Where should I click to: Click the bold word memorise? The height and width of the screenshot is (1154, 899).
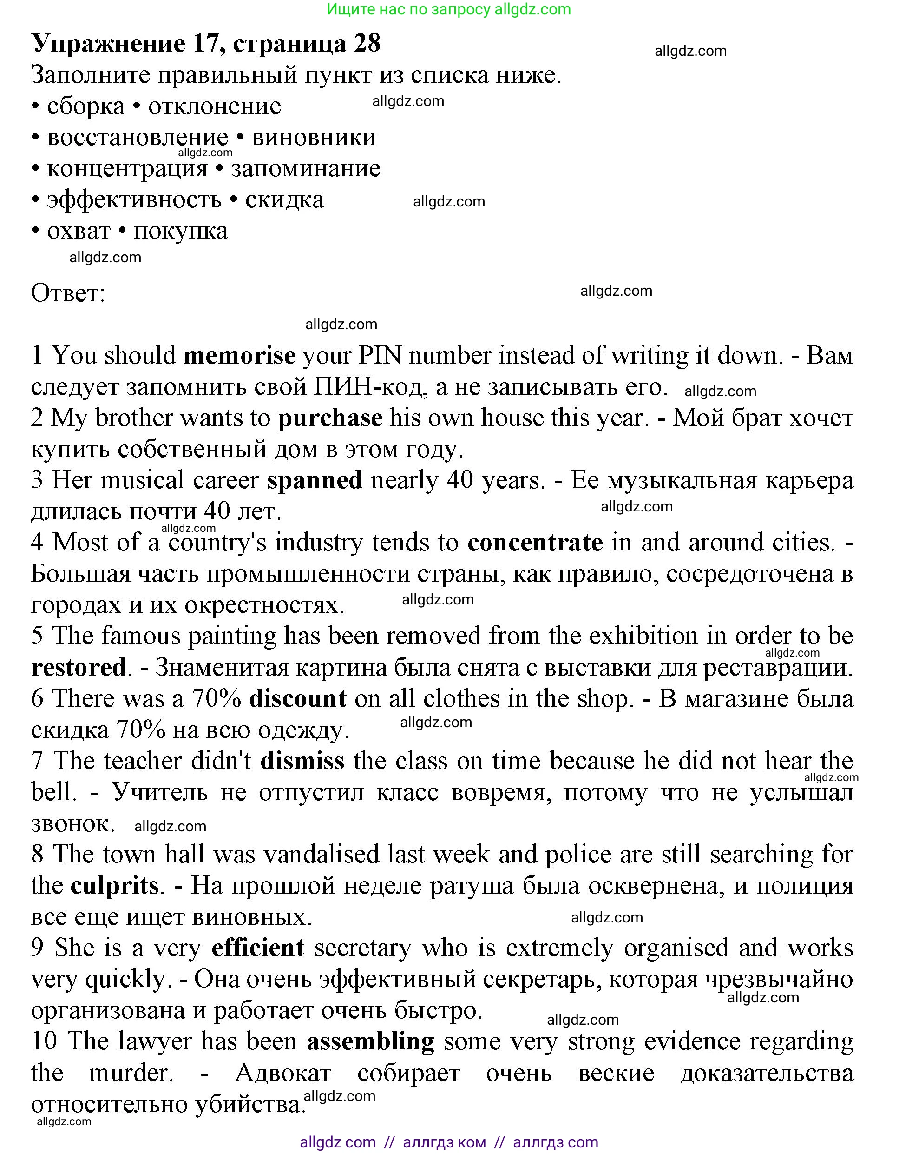click(x=240, y=356)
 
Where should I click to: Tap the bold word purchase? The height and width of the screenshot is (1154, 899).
click(x=330, y=418)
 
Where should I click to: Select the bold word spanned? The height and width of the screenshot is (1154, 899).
click(x=315, y=480)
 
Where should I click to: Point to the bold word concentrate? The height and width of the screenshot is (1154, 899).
click(x=535, y=543)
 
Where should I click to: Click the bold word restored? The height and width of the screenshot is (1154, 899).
click(x=79, y=667)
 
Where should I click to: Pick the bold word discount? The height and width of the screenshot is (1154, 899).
click(x=298, y=698)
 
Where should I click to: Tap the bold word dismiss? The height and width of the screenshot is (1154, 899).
click(x=302, y=761)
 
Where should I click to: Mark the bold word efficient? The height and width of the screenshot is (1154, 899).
click(x=257, y=948)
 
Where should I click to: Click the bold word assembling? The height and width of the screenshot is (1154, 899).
click(x=371, y=1041)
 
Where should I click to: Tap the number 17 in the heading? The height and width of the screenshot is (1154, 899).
click(x=206, y=43)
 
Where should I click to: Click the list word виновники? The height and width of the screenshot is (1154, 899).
click(x=314, y=137)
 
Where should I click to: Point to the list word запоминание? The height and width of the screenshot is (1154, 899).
click(x=306, y=169)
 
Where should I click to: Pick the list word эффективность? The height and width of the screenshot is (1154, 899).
click(x=134, y=200)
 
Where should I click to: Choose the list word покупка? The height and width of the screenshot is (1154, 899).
click(x=181, y=231)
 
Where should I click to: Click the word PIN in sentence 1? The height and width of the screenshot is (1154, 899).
click(x=380, y=356)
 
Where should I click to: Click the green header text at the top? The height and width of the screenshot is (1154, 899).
click(x=449, y=9)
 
